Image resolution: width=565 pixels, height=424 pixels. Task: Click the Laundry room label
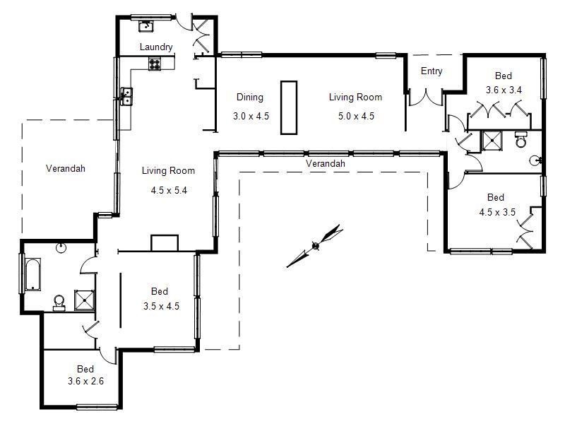[156, 47]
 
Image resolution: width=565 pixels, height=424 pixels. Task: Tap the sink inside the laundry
[147, 27]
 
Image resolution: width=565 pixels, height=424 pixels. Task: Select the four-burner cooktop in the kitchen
[155, 64]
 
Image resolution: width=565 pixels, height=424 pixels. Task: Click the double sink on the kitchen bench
[126, 96]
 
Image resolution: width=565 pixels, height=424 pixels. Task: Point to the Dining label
[249, 98]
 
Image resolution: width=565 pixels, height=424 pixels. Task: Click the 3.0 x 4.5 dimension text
[251, 116]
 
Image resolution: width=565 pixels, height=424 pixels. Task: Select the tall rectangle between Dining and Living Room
[289, 107]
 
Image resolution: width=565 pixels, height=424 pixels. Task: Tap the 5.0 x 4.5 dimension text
[355, 116]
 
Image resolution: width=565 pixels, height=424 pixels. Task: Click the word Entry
[432, 71]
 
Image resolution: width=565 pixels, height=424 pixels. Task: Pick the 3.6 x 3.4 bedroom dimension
[504, 90]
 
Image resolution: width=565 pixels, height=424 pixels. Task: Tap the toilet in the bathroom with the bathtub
[59, 302]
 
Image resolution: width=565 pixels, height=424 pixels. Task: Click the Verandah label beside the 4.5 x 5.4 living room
[66, 168]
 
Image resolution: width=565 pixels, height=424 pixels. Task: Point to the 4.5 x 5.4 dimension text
[168, 190]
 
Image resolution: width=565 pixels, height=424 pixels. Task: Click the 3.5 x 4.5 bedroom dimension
[160, 306]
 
